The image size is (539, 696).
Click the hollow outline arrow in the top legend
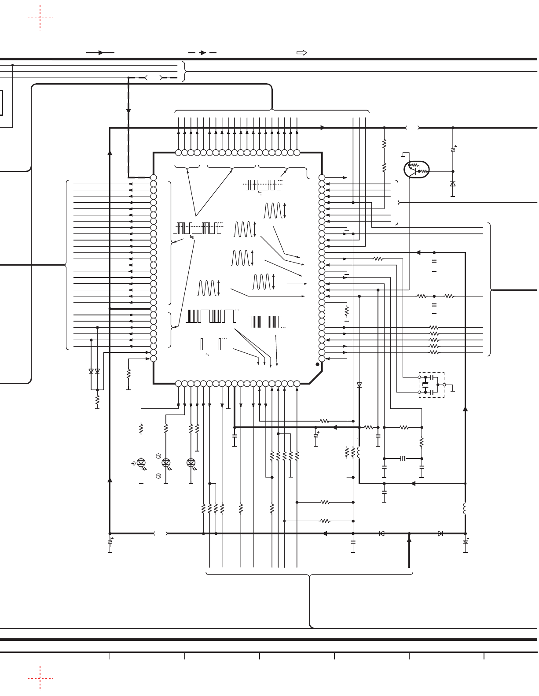pyautogui.click(x=301, y=53)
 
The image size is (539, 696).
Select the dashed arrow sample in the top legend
pyautogui.click(x=202, y=53)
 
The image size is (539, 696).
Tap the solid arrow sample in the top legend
pyautogui.click(x=100, y=53)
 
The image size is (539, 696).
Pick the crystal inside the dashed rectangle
pyautogui.click(x=425, y=385)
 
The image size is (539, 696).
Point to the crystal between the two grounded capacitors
pyautogui.click(x=403, y=459)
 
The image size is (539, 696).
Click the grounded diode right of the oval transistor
pyautogui.click(x=453, y=184)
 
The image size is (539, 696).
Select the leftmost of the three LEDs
pyautogui.click(x=141, y=462)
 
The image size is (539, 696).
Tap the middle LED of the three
pyautogui.click(x=166, y=462)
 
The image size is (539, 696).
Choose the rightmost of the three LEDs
pyautogui.click(x=191, y=462)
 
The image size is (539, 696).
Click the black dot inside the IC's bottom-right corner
pyautogui.click(x=317, y=365)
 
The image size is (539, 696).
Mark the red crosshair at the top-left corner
pyautogui.click(x=40, y=18)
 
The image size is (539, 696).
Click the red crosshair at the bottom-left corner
pyautogui.click(x=40, y=678)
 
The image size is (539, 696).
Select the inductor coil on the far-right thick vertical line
pyautogui.click(x=465, y=508)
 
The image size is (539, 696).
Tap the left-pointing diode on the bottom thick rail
pyautogui.click(x=381, y=533)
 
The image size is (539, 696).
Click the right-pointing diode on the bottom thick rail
pyautogui.click(x=440, y=533)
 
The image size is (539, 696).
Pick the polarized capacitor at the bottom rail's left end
pyautogui.click(x=110, y=541)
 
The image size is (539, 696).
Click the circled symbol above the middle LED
pyautogui.click(x=158, y=455)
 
